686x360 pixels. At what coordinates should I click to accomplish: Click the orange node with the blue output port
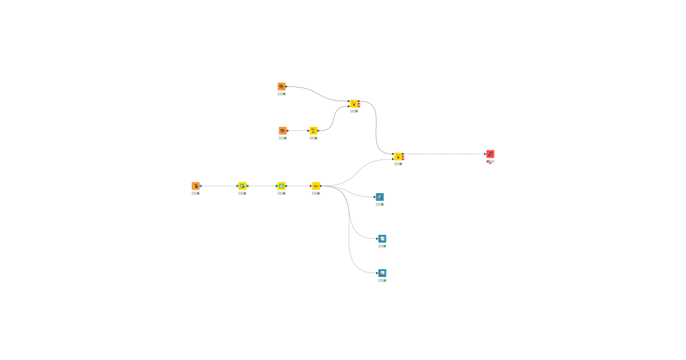click(x=196, y=186)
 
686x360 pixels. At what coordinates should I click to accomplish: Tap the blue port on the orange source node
click(x=201, y=186)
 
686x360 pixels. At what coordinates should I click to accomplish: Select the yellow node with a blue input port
click(x=242, y=186)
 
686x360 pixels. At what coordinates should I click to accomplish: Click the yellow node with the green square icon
click(x=281, y=186)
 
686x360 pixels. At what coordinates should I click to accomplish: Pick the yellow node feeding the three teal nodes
click(x=316, y=186)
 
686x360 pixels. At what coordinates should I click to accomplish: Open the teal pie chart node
click(x=380, y=197)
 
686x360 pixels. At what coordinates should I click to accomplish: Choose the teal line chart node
click(x=382, y=239)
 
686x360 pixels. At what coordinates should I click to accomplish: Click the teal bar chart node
click(x=382, y=273)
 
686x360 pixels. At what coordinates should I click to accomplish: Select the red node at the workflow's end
click(x=490, y=154)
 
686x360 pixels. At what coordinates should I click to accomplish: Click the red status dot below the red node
click(x=488, y=161)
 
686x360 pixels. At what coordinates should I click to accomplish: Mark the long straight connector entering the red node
click(x=446, y=154)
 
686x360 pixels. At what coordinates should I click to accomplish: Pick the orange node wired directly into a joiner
click(x=282, y=86)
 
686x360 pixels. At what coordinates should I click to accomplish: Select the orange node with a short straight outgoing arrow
click(x=283, y=131)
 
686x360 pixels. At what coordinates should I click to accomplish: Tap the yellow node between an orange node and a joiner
click(x=313, y=131)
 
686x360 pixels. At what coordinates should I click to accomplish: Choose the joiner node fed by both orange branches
click(x=354, y=103)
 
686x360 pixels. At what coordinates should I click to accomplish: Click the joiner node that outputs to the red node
click(x=398, y=157)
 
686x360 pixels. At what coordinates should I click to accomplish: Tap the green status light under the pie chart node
click(x=382, y=204)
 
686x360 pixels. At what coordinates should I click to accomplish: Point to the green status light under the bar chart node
click(x=385, y=281)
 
